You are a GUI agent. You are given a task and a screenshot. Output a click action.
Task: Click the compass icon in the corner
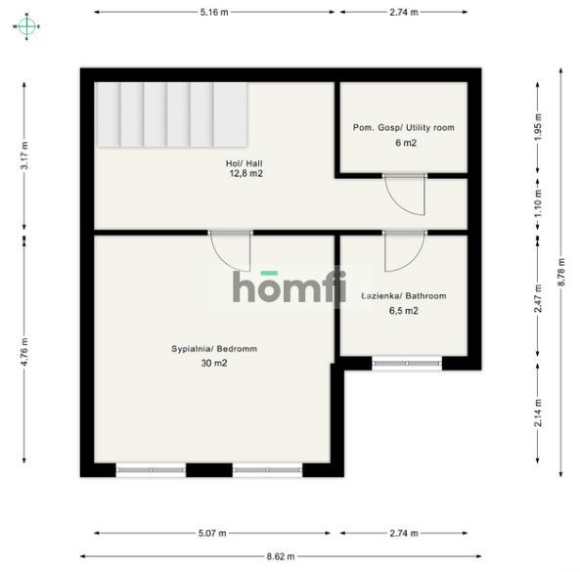click(26, 26)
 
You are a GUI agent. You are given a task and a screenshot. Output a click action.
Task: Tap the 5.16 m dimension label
click(214, 12)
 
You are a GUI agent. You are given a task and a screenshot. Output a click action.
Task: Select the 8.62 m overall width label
click(281, 556)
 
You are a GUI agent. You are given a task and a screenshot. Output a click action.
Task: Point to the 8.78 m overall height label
click(561, 272)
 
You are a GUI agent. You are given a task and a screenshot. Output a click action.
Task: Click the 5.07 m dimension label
click(212, 533)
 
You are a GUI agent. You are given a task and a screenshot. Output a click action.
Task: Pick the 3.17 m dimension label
click(24, 155)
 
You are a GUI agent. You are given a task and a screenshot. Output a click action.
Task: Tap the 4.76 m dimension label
click(24, 352)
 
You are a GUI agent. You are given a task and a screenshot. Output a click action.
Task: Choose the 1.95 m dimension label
click(538, 127)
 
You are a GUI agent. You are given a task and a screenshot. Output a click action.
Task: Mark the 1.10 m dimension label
click(538, 203)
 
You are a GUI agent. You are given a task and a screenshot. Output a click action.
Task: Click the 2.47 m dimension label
click(538, 298)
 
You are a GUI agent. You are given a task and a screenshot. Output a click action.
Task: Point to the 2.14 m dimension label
click(538, 413)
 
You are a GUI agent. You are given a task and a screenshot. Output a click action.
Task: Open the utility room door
click(405, 195)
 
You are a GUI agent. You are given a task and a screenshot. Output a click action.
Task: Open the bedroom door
click(231, 251)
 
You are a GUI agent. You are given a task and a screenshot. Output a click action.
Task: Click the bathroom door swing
click(405, 251)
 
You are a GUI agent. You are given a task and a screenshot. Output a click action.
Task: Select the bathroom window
click(407, 363)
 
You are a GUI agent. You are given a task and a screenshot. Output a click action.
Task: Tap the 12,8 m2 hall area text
click(246, 173)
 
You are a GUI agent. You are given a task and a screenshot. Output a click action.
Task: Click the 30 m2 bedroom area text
click(214, 363)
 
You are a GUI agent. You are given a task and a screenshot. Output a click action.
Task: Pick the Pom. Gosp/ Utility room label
click(404, 128)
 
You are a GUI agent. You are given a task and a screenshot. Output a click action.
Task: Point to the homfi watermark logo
click(290, 286)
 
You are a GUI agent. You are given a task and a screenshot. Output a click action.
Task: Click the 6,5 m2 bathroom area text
click(404, 311)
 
